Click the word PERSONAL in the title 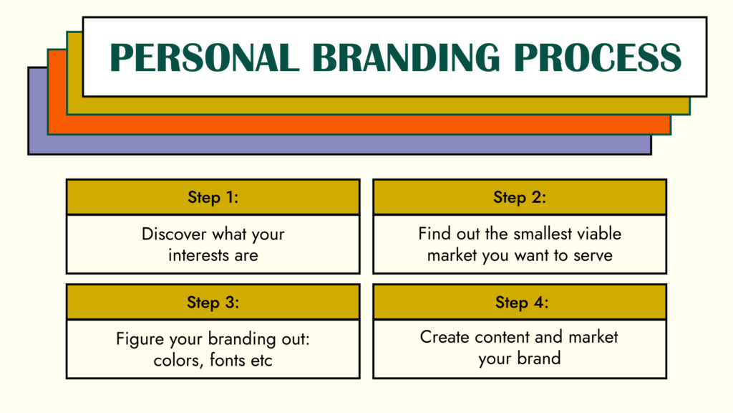(204, 57)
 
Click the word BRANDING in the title (406, 57)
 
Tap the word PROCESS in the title (598, 57)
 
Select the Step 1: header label (213, 197)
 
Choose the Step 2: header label (520, 197)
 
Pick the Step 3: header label (213, 302)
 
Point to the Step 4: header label (522, 302)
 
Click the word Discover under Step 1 (174, 234)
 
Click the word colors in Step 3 (178, 361)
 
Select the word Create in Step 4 (445, 337)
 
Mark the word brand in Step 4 (539, 359)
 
